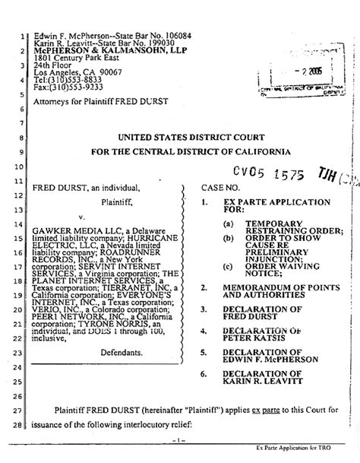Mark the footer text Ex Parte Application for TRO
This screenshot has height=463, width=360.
click(309, 458)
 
